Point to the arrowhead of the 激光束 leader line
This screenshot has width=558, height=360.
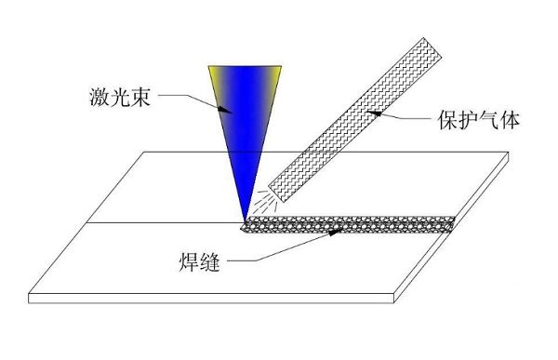(226, 109)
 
